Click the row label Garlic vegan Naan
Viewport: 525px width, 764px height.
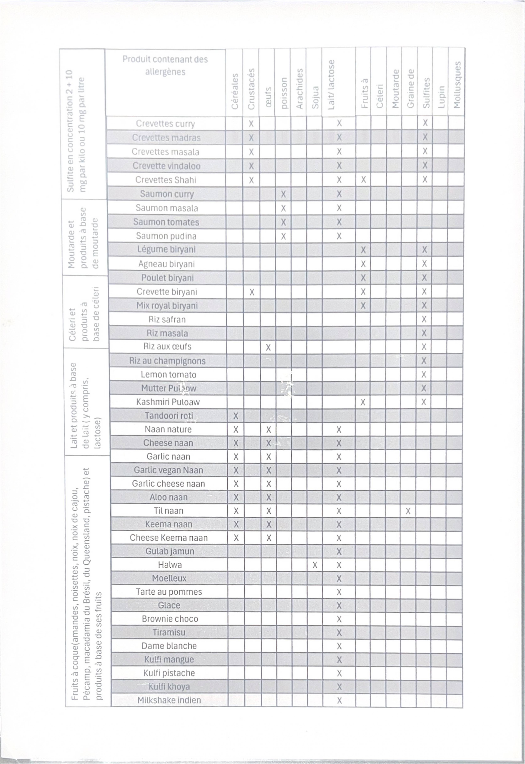[x=168, y=470]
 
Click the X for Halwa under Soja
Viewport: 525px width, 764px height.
[x=315, y=565]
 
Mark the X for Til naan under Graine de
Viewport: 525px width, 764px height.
[x=408, y=511]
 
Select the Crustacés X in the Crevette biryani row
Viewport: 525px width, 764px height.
[x=252, y=292]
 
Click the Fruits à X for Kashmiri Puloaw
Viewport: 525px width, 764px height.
[x=363, y=402]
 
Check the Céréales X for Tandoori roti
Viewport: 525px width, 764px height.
[x=236, y=416]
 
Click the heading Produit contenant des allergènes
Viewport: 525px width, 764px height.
[x=165, y=66]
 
